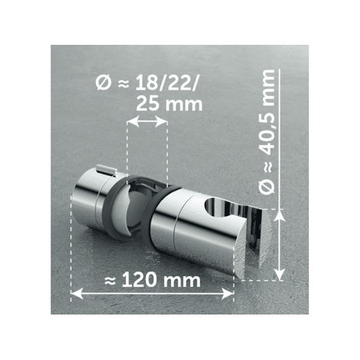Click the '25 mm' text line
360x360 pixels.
click(x=165, y=103)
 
